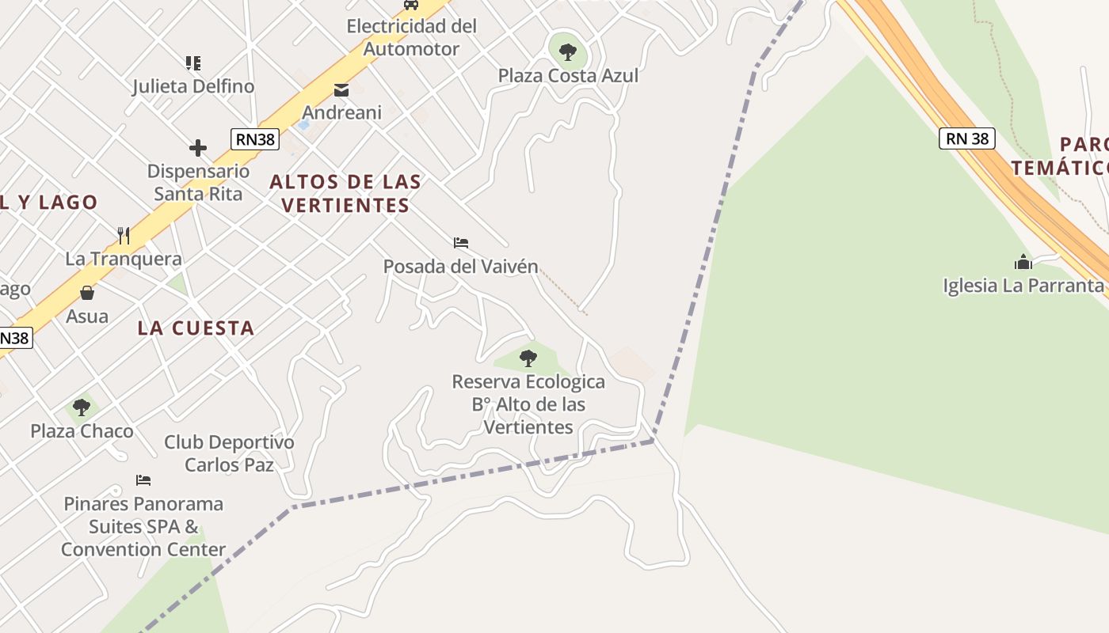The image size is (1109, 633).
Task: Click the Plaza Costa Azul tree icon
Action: pyautogui.click(x=567, y=53)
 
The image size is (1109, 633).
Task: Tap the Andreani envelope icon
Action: pyautogui.click(x=341, y=90)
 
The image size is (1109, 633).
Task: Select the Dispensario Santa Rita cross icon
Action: pyautogui.click(x=198, y=148)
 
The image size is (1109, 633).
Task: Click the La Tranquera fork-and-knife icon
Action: pyautogui.click(x=124, y=235)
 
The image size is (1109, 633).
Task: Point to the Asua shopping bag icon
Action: pyautogui.click(x=87, y=293)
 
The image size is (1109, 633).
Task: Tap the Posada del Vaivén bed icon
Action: pyautogui.click(x=461, y=243)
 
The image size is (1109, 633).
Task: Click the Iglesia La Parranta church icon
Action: pyautogui.click(x=1023, y=262)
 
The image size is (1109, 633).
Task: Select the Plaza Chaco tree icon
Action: pyautogui.click(x=81, y=408)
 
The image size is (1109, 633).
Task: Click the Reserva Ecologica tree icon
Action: pyautogui.click(x=528, y=358)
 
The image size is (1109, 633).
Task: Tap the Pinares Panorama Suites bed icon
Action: pyautogui.click(x=143, y=480)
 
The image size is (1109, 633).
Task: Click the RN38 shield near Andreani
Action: pyautogui.click(x=255, y=140)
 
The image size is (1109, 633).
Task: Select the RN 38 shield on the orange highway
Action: pyautogui.click(x=966, y=138)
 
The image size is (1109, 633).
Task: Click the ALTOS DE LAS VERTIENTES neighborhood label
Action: pyautogui.click(x=345, y=194)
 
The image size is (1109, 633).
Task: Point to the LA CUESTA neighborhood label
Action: pyautogui.click(x=196, y=328)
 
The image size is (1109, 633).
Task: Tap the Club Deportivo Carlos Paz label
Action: pyautogui.click(x=229, y=453)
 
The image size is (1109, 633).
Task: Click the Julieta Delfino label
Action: pyautogui.click(x=193, y=86)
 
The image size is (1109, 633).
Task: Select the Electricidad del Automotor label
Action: pyautogui.click(x=412, y=37)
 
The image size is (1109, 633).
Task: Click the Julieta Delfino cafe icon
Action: pyautogui.click(x=193, y=63)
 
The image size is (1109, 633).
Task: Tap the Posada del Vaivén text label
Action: pyautogui.click(x=461, y=267)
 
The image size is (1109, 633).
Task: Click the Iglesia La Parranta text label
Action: pyautogui.click(x=1023, y=286)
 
